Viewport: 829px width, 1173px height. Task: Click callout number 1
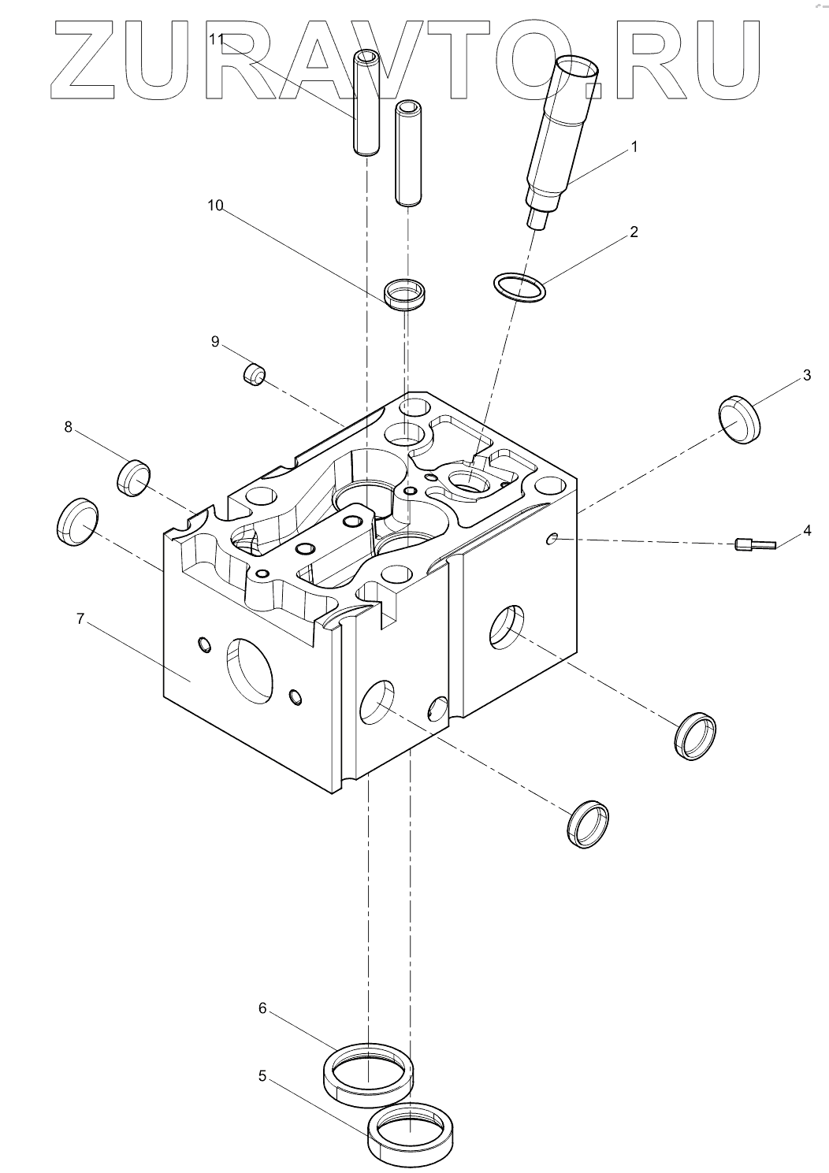click(x=634, y=147)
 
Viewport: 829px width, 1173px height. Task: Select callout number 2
click(x=633, y=232)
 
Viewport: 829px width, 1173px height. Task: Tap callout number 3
click(x=806, y=375)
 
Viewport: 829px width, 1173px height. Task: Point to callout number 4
click(x=806, y=531)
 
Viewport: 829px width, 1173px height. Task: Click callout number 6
click(x=263, y=1008)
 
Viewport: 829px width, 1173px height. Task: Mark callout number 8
click(x=68, y=427)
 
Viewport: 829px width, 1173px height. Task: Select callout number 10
click(x=215, y=206)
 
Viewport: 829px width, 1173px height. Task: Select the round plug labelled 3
click(x=740, y=419)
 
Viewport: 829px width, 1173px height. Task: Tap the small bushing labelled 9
click(x=253, y=373)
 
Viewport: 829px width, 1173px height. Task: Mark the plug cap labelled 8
click(x=134, y=477)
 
